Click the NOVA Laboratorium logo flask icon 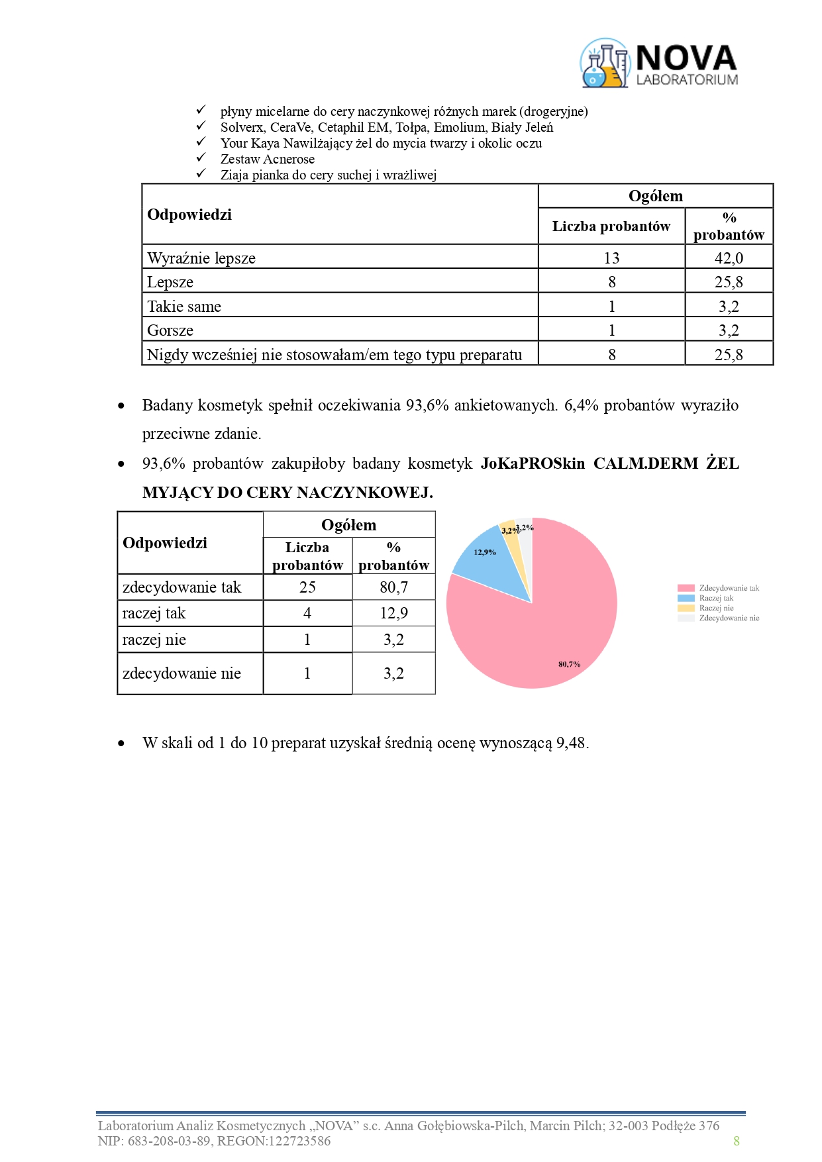(x=604, y=64)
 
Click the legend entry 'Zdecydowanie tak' (x=729, y=588)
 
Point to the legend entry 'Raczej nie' (x=716, y=608)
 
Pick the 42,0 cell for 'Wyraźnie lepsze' (x=729, y=258)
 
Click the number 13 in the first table (x=611, y=258)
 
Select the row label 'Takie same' (x=184, y=306)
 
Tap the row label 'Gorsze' (x=170, y=330)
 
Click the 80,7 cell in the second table (x=393, y=587)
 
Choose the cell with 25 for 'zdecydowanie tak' (x=307, y=587)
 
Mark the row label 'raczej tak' (x=154, y=613)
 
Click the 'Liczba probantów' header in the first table (x=611, y=226)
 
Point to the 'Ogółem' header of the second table (x=348, y=525)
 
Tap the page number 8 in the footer (x=736, y=1141)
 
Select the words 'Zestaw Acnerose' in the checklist (x=267, y=159)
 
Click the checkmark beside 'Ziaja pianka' (x=201, y=173)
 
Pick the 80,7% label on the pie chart (x=569, y=664)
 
